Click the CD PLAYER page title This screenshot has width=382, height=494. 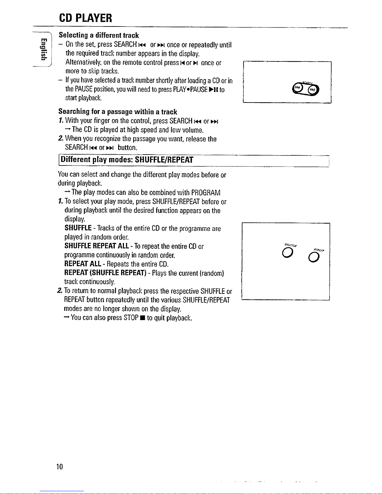click(85, 18)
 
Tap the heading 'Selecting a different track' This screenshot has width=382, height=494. click(99, 35)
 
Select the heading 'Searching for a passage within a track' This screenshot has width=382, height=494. click(118, 112)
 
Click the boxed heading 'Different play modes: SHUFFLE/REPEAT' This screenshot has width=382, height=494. click(127, 160)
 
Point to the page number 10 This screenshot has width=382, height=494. click(60, 466)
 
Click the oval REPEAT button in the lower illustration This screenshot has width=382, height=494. click(314, 257)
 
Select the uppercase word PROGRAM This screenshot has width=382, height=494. click(206, 192)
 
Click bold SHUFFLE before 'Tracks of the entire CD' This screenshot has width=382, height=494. click(78, 228)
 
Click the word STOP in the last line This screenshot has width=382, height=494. click(131, 318)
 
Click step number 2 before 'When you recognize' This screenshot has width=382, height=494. click(60, 138)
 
